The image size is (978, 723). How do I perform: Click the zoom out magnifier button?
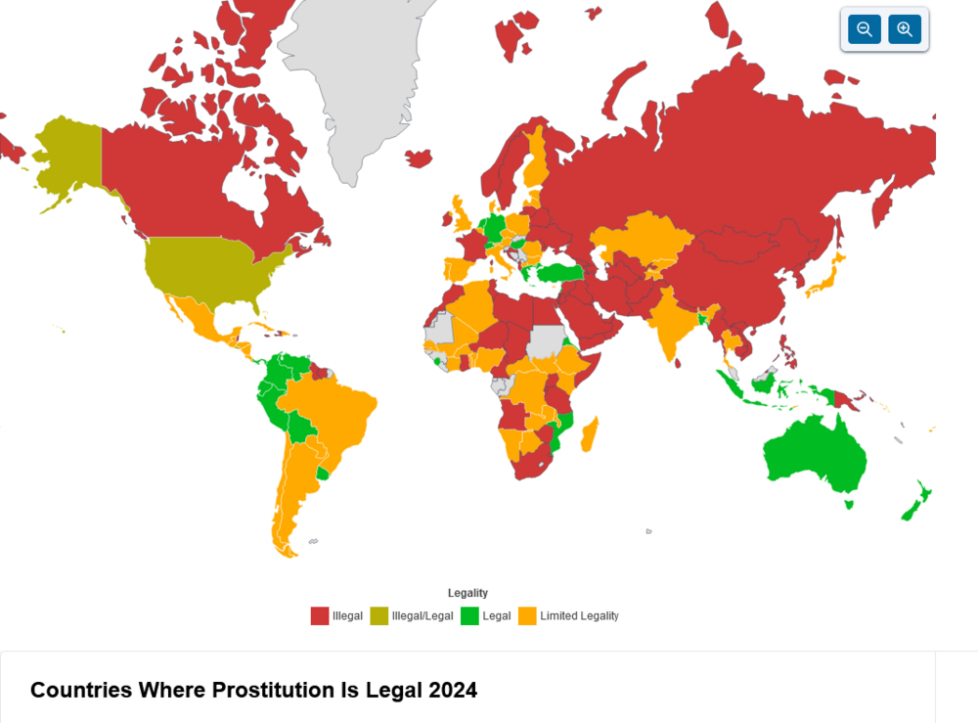865,29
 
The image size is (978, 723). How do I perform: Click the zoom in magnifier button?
905,29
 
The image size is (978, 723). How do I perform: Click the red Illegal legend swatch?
320,615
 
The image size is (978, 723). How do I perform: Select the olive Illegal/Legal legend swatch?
379,615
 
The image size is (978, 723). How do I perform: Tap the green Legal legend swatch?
470,615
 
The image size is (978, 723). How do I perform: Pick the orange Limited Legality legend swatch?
527,615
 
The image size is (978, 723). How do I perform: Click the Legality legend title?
467,593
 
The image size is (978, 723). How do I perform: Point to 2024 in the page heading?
453,690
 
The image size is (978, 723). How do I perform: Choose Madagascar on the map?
589,434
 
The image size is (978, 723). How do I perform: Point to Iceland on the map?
418,158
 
